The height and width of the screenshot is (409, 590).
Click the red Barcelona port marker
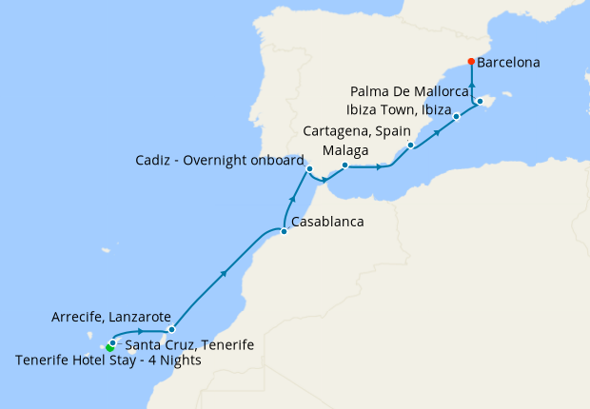click(472, 62)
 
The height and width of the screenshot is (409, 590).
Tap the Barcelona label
click(508, 63)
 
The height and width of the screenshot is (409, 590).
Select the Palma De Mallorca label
click(409, 91)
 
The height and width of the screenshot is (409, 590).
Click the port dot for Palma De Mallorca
click(481, 101)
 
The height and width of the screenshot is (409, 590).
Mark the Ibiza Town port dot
click(457, 116)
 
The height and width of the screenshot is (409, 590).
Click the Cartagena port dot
click(410, 146)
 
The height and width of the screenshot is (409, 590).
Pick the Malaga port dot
click(344, 165)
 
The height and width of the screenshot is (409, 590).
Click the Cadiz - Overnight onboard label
click(219, 160)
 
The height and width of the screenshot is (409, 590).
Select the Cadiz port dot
click(309, 170)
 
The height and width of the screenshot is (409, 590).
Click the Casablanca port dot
click(284, 230)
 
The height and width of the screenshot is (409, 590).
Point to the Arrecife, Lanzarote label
click(111, 316)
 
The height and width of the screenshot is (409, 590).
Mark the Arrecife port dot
click(171, 329)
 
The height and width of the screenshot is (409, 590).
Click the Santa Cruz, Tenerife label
click(189, 344)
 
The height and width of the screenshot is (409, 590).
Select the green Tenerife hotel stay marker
click(110, 348)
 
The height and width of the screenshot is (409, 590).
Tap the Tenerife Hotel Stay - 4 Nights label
click(109, 360)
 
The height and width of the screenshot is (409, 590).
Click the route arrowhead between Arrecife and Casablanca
click(225, 274)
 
